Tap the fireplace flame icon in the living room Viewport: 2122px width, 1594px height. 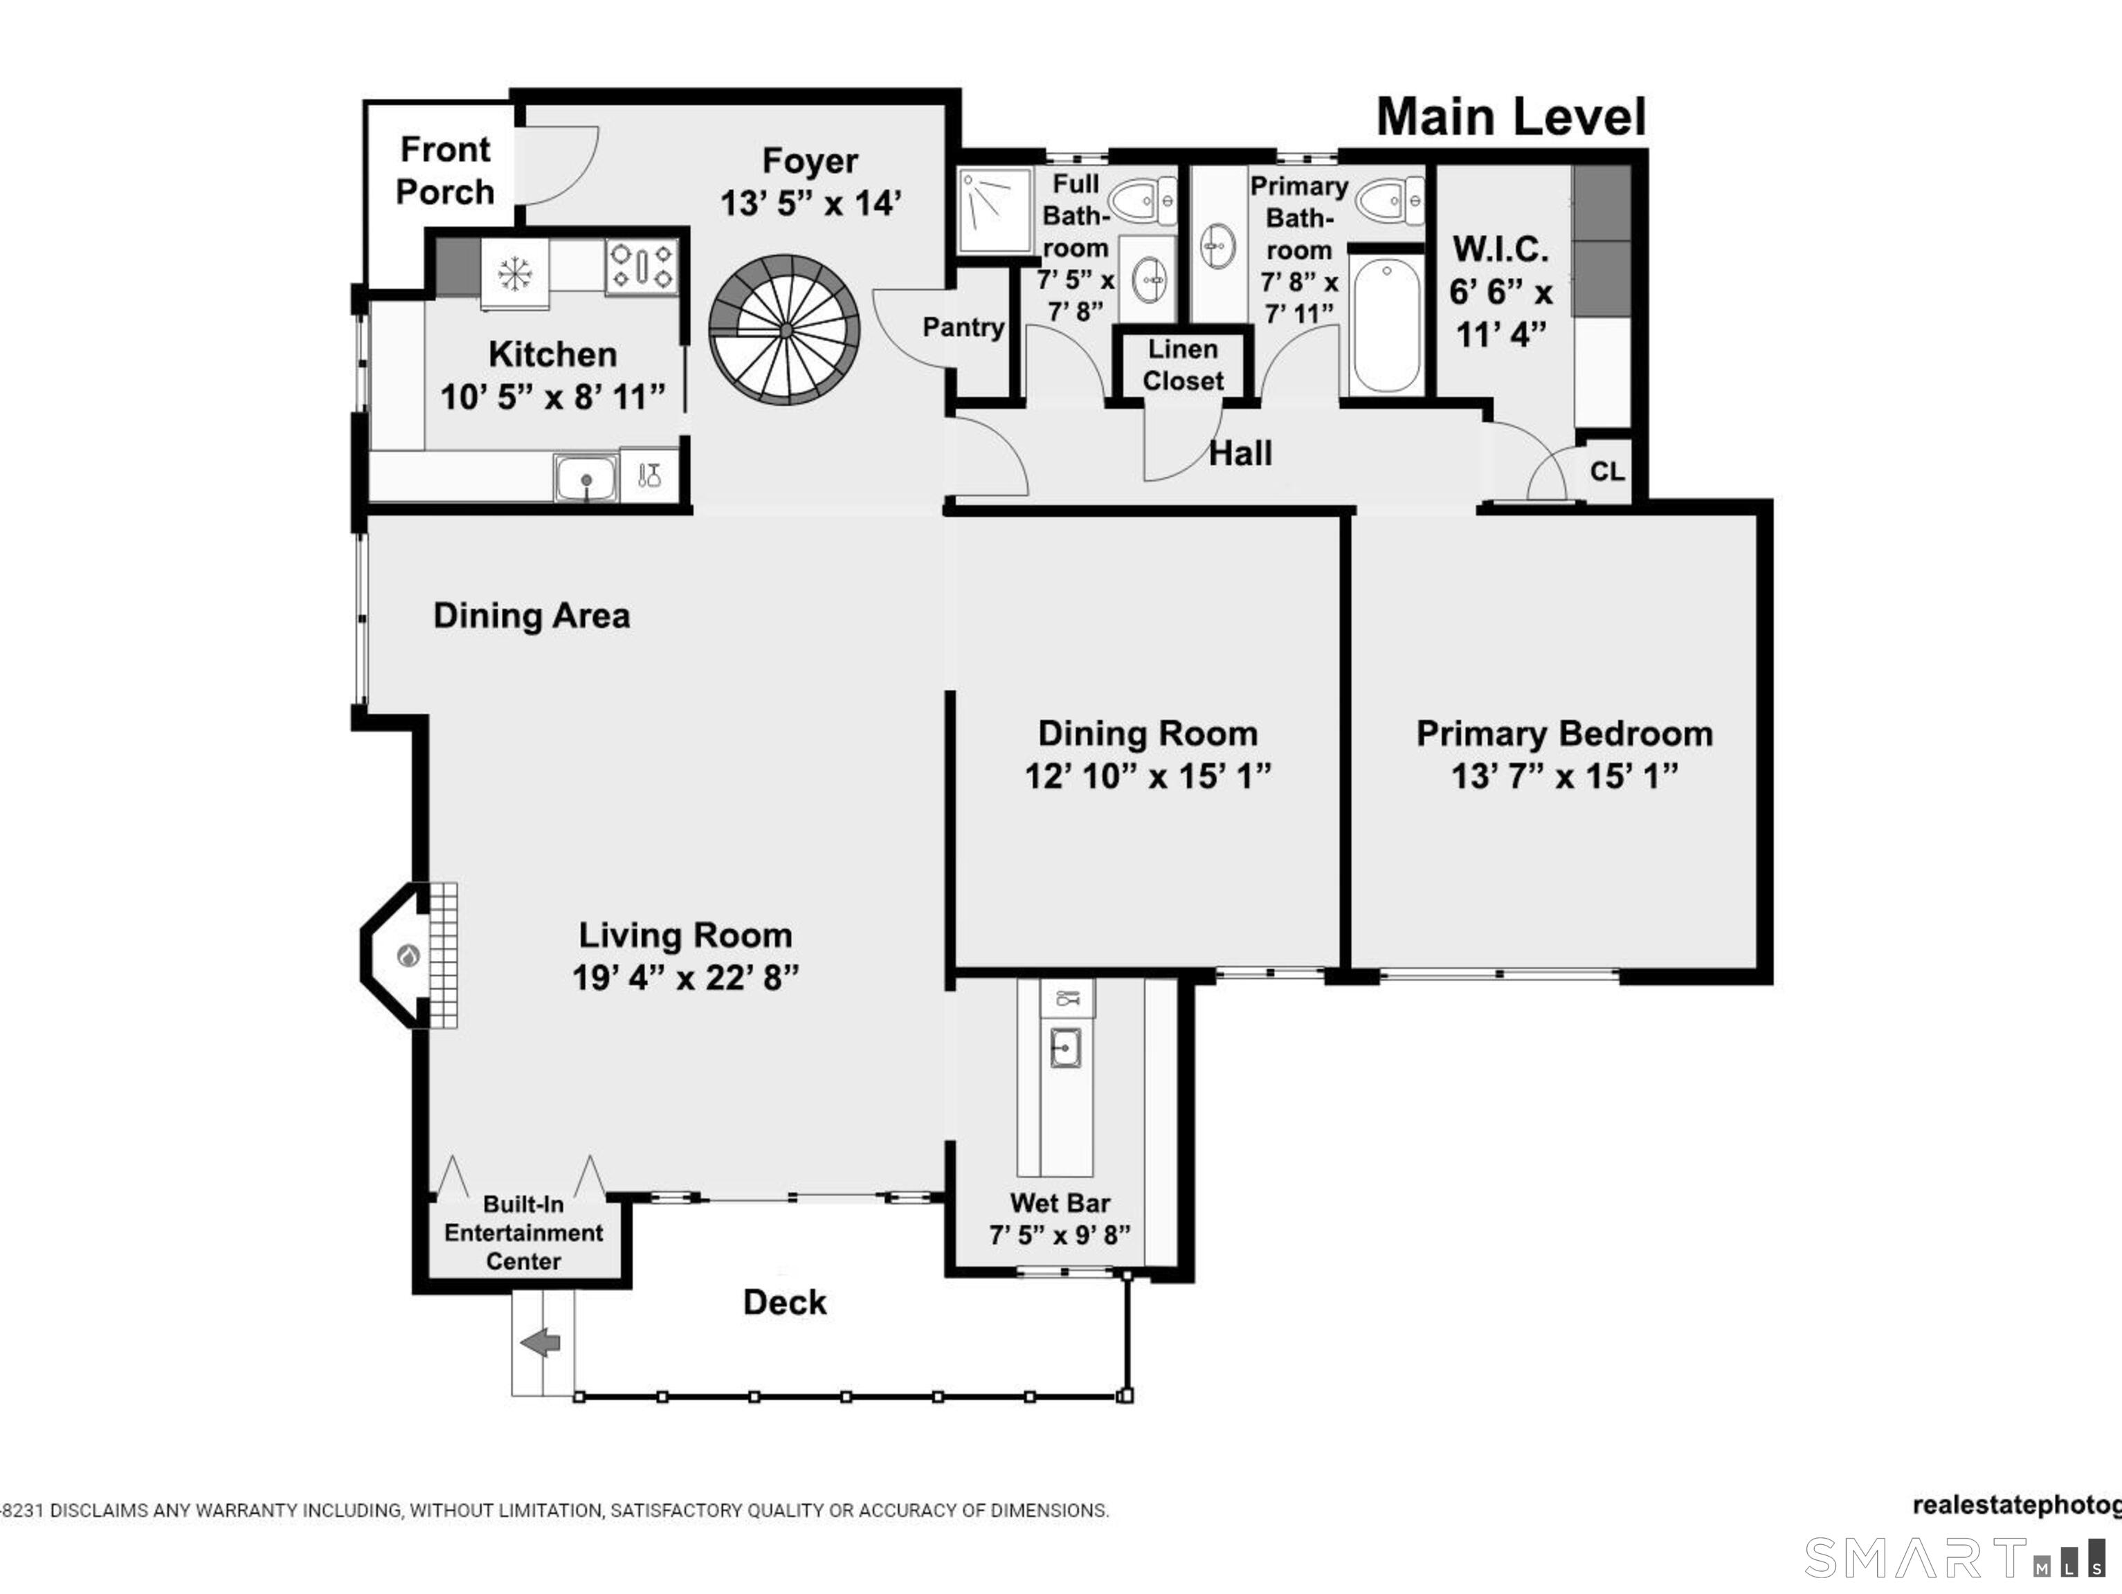[408, 955]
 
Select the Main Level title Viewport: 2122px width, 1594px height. [1510, 117]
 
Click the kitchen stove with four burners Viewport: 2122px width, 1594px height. [641, 266]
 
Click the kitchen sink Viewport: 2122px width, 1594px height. [586, 477]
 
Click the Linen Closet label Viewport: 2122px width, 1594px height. [1183, 365]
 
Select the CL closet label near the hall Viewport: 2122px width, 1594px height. [1607, 472]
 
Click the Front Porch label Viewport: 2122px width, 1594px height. [444, 171]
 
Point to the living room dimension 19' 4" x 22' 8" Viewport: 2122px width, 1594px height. [685, 978]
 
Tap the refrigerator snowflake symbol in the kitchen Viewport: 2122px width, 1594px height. [515, 274]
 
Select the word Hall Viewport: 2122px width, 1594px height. [1240, 454]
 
